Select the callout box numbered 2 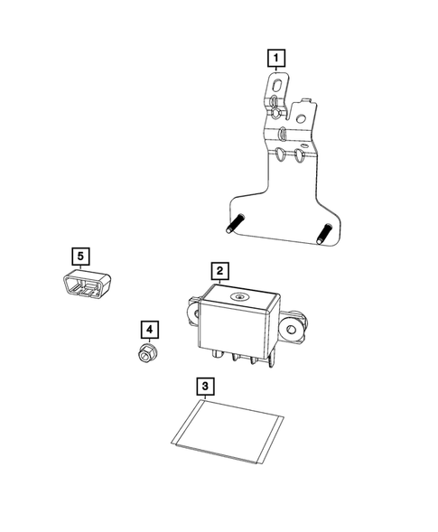coord(219,270)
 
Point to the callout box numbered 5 coord(81,256)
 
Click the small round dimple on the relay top coord(238,296)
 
